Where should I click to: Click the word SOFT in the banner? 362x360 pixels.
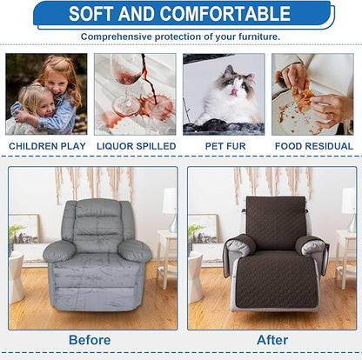96,14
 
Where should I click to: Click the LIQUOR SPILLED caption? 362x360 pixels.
135,146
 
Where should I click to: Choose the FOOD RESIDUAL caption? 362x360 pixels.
312,146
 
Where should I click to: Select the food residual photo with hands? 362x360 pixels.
312,94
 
